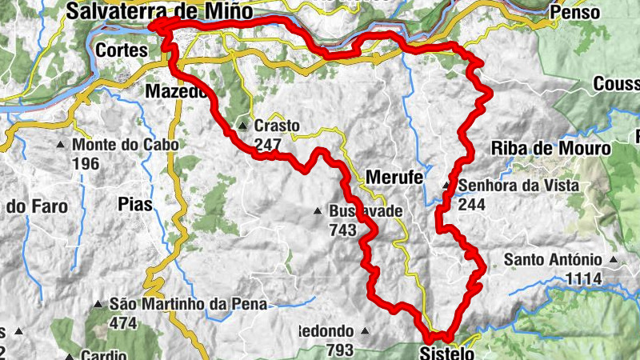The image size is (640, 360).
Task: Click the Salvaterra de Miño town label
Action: pyautogui.click(x=159, y=11)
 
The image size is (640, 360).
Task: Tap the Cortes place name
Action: pyautogui.click(x=122, y=50)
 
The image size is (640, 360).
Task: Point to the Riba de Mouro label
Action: pyautogui.click(x=550, y=148)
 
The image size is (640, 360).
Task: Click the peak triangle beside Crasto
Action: pyautogui.click(x=242, y=126)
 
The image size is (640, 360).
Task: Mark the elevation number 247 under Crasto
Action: pyautogui.click(x=268, y=144)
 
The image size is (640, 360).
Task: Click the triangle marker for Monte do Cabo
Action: pyautogui.click(x=61, y=146)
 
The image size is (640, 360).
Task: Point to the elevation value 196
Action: pyautogui.click(x=86, y=163)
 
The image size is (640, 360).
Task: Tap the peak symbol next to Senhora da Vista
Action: pyautogui.click(x=447, y=187)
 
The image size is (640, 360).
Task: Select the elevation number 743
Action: pyautogui.click(x=342, y=230)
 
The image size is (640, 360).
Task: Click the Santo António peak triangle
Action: pyautogui.click(x=613, y=260)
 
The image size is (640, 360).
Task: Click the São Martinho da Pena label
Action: pyautogui.click(x=189, y=304)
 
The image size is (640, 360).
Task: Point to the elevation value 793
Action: pyautogui.click(x=339, y=349)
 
